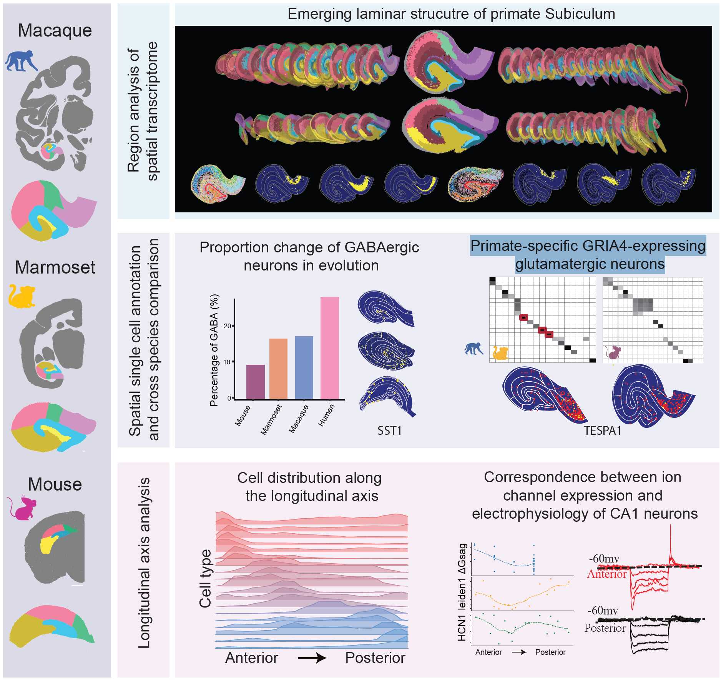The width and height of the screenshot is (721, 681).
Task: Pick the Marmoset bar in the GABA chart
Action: point(278,368)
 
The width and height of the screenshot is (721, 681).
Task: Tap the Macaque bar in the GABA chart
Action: point(304,367)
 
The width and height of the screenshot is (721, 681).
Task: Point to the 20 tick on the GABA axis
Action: point(228,326)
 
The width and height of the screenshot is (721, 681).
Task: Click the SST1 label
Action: point(389,431)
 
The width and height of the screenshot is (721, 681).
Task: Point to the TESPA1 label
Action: point(602,431)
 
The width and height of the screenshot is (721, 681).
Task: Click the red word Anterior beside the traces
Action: point(606,574)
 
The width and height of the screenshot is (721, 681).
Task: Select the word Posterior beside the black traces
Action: point(605,628)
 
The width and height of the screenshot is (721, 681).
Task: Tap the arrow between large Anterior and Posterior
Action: point(312,658)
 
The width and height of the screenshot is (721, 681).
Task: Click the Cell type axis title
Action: point(206,578)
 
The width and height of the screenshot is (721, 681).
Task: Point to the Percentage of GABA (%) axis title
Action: point(214,350)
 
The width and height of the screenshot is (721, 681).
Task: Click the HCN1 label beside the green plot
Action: point(462,628)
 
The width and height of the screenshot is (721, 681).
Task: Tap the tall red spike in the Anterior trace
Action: point(670,539)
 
